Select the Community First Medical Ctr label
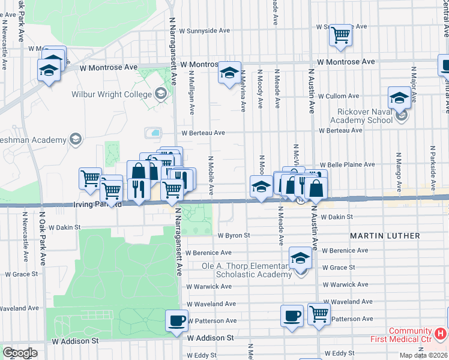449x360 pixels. click(x=410, y=335)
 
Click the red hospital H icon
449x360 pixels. click(x=441, y=332)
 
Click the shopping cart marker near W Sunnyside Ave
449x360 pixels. click(x=340, y=35)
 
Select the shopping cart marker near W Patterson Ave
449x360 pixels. click(x=319, y=313)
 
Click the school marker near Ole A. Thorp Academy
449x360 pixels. click(x=300, y=259)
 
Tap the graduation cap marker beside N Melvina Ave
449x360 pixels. click(x=229, y=73)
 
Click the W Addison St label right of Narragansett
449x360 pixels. click(x=209, y=338)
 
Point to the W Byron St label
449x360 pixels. click(x=234, y=236)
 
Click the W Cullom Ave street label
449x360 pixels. click(x=339, y=96)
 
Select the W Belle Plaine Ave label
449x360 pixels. click(x=347, y=164)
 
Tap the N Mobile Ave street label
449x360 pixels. click(x=211, y=176)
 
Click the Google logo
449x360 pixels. click(x=20, y=352)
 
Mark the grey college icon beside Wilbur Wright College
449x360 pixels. click(x=160, y=94)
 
